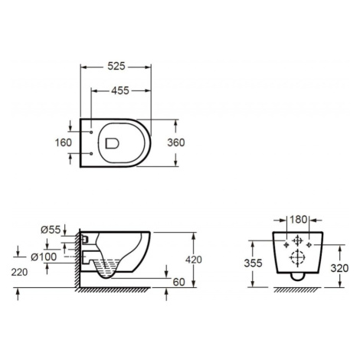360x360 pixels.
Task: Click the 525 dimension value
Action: click(116, 67)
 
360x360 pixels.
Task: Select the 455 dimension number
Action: click(120, 90)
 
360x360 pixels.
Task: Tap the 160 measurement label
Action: click(64, 142)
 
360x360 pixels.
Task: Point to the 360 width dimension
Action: click(176, 142)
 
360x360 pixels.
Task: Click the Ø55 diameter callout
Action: click(51, 230)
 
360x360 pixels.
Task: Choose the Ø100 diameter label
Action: click(44, 257)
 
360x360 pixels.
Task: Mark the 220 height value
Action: click(19, 273)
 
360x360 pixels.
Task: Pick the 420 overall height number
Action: click(194, 260)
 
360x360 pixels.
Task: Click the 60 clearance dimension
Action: click(178, 282)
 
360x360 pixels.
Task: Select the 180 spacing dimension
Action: click(299, 219)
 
